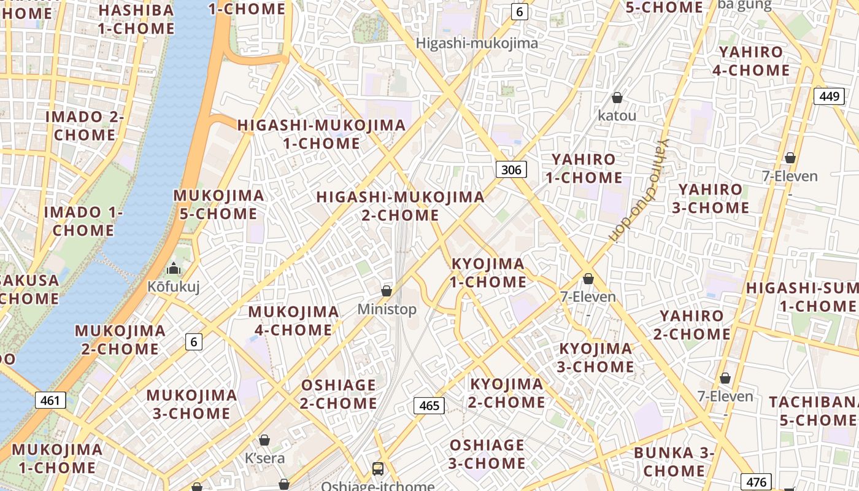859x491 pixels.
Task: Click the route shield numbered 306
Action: point(511,169)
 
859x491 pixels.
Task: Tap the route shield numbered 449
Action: point(829,96)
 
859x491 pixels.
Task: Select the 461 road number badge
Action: point(50,401)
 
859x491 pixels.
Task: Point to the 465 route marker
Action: point(429,405)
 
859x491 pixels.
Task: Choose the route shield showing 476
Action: point(757,482)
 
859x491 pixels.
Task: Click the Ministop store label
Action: point(387,309)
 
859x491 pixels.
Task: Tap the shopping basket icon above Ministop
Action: point(387,290)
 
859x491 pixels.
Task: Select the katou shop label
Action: point(617,115)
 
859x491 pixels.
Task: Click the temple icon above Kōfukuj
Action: point(174,268)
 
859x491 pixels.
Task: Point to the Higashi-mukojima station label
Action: point(477,43)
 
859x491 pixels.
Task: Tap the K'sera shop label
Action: point(264,458)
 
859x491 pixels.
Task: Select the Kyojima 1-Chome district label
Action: point(488,273)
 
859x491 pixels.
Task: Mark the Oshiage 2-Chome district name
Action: point(338,394)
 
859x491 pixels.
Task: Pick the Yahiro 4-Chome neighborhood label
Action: point(751,61)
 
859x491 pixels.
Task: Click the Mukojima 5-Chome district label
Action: point(218,204)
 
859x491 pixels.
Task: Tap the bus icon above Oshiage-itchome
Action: point(378,469)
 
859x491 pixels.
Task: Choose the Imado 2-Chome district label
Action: point(85,126)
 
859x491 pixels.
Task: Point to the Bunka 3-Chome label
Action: point(674,462)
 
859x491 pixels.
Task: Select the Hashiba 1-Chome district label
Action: point(136,19)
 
